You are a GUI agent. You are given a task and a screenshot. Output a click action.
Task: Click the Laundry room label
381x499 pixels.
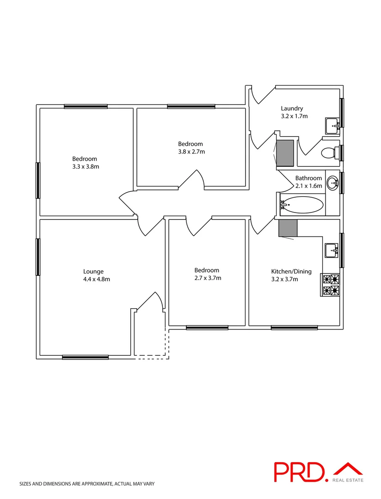click(x=292, y=109)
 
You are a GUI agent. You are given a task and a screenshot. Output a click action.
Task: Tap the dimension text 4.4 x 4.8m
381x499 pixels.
click(x=97, y=279)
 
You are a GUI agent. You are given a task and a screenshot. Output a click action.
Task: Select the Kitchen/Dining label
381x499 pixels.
click(x=291, y=271)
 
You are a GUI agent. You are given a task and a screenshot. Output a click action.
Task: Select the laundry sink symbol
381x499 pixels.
click(x=333, y=124)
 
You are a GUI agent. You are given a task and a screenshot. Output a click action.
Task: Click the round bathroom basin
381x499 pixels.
click(x=332, y=183)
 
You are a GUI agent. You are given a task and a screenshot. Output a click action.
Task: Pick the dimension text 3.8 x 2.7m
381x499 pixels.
click(x=191, y=151)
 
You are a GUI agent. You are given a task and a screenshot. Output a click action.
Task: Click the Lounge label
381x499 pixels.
click(x=93, y=272)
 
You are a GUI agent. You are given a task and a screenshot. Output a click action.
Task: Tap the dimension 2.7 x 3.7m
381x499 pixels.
click(x=208, y=278)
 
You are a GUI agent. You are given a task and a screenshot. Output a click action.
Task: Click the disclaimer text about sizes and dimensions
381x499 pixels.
click(x=86, y=484)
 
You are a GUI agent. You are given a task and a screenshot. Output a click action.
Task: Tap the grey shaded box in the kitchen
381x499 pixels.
click(x=288, y=228)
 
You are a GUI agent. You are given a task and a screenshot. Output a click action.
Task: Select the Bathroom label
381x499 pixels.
click(x=308, y=178)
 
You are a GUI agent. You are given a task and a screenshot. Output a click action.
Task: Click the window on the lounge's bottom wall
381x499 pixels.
click(x=86, y=357)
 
